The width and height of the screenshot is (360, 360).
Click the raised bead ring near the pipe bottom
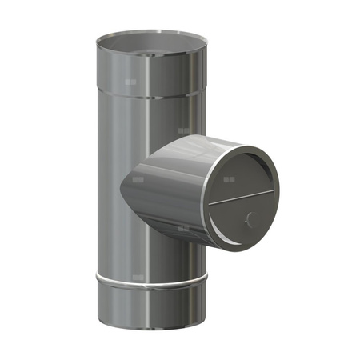(150, 281)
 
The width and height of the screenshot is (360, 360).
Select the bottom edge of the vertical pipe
(150, 337)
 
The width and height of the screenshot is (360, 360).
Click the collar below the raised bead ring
(150, 308)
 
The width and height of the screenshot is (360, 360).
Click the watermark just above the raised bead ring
(139, 277)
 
